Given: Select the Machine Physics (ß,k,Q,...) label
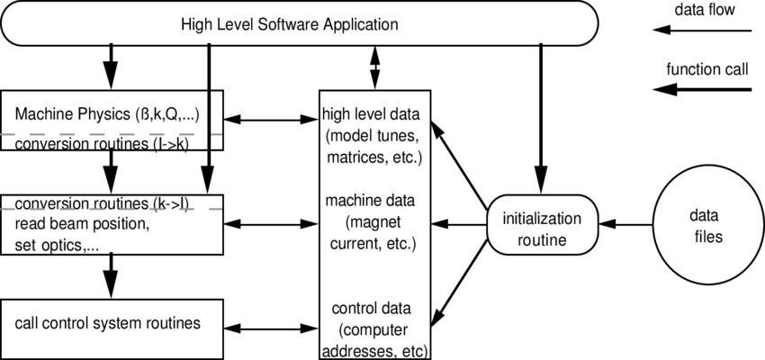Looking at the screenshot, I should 113,115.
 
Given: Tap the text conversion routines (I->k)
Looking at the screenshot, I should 102,143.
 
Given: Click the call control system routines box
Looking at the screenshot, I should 112,322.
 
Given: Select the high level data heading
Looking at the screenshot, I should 376,115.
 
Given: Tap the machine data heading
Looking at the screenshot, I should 376,200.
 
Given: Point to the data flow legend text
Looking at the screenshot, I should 705,10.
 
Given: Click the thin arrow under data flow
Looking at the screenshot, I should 702,30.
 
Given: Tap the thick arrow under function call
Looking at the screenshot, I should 702,89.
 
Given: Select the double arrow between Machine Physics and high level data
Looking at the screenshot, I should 271,118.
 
